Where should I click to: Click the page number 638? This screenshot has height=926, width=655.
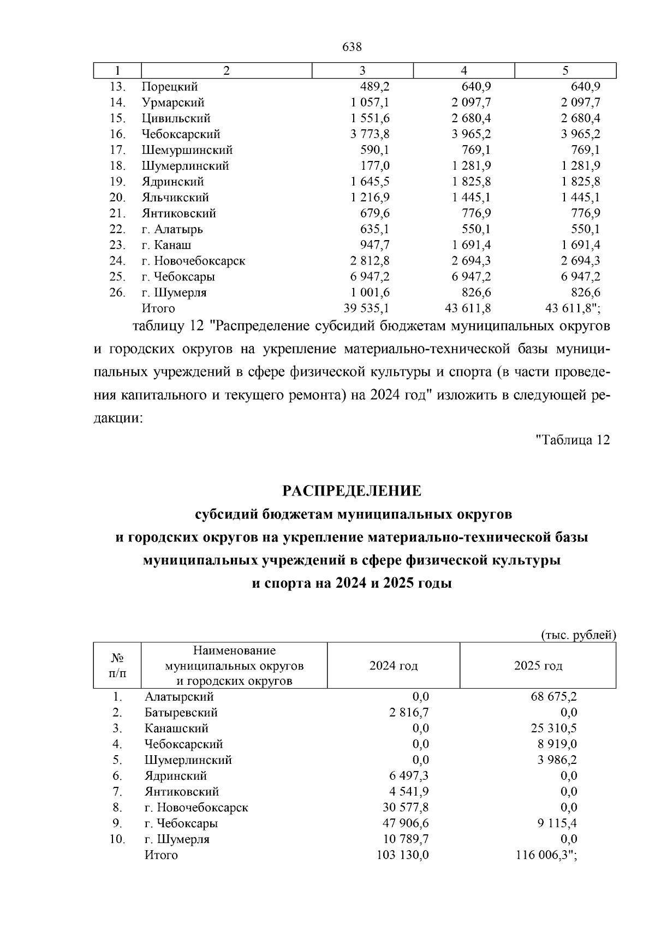[352, 47]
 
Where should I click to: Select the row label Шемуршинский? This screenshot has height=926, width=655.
[187, 150]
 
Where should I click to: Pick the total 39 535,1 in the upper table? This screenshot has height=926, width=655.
[366, 308]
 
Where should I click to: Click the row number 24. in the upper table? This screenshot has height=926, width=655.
[118, 261]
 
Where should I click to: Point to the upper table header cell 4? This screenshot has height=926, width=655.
[464, 71]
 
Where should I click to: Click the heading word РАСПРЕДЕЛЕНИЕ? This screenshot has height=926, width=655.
[352, 491]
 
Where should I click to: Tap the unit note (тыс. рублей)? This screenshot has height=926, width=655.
[579, 635]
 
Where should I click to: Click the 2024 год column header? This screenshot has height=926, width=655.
[394, 666]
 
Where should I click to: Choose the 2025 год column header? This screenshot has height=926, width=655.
[538, 666]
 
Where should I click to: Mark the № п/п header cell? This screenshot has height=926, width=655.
[117, 666]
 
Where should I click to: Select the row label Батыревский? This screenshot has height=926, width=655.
[181, 713]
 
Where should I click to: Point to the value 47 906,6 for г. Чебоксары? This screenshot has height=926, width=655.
[406, 823]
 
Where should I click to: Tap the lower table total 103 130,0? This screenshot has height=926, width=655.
[403, 855]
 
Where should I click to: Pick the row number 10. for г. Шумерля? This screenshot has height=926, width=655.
[117, 839]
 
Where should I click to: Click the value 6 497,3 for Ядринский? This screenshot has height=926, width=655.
[409, 776]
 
